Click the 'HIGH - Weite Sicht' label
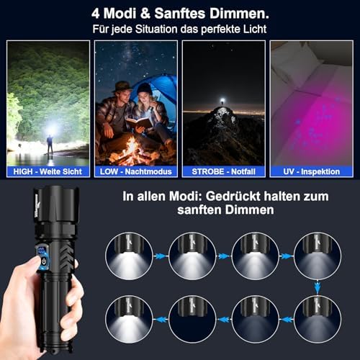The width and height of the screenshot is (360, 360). (48, 171)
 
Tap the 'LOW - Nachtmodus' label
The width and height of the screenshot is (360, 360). (136, 171)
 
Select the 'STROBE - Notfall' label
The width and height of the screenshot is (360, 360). (223, 171)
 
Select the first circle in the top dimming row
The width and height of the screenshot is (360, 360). (129, 255)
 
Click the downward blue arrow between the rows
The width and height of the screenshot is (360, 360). (316, 287)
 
